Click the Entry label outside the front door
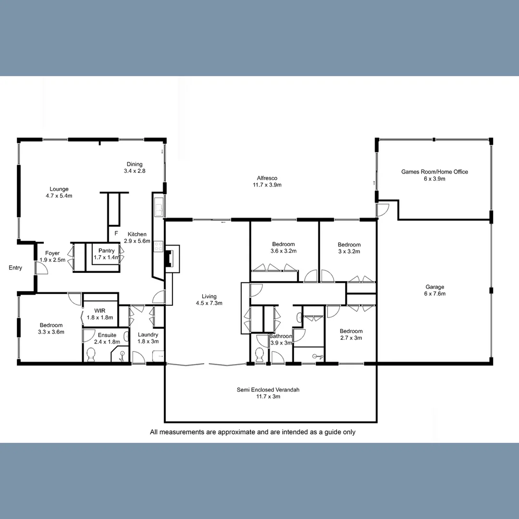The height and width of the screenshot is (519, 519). click(x=15, y=268)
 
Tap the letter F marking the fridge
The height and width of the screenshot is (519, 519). click(x=115, y=234)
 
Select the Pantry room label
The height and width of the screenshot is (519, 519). click(x=106, y=250)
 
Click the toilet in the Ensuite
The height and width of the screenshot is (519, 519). click(x=90, y=355)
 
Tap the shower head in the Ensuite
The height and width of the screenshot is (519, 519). click(x=122, y=355)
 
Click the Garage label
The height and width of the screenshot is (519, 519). click(x=434, y=287)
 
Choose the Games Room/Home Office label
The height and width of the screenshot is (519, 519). click(x=434, y=172)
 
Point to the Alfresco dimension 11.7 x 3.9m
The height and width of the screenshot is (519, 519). click(x=267, y=185)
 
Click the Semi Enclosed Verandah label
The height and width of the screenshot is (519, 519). click(x=268, y=390)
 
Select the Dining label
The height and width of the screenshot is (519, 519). click(x=135, y=164)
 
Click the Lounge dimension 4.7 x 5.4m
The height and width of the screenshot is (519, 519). click(x=59, y=196)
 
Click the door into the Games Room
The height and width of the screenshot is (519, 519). click(x=383, y=210)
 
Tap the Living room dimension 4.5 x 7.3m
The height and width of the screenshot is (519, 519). click(x=209, y=303)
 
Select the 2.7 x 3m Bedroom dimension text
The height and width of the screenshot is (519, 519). click(x=351, y=338)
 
